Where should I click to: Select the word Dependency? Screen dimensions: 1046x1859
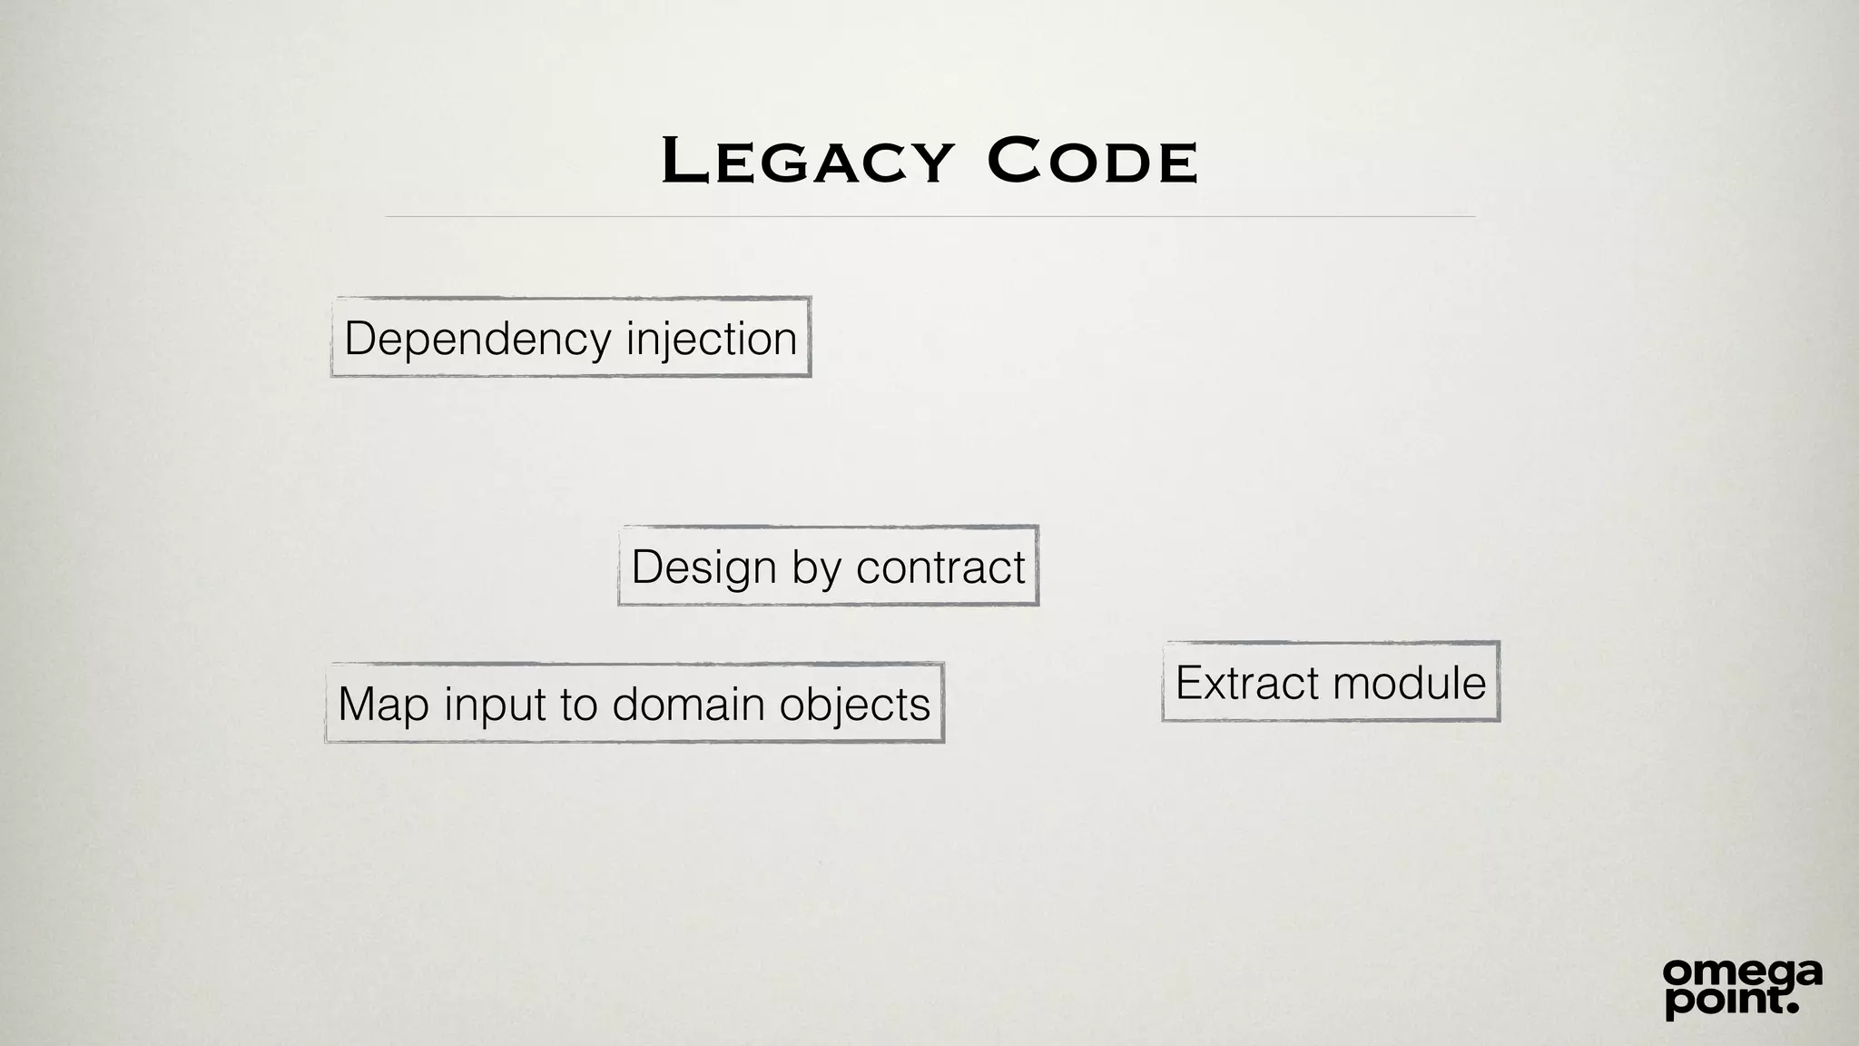coord(477,340)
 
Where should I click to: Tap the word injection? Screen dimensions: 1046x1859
coord(711,340)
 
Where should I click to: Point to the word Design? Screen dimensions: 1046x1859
coord(703,567)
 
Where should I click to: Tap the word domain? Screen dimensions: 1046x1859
coord(688,705)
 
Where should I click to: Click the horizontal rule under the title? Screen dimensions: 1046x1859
coord(929,217)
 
